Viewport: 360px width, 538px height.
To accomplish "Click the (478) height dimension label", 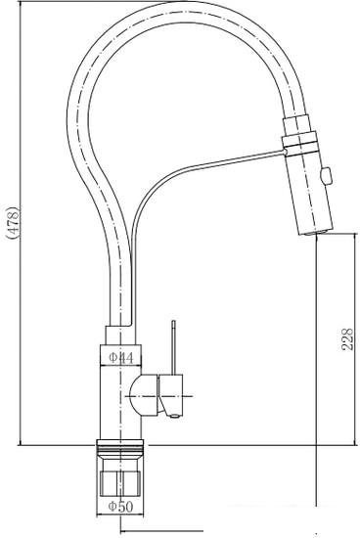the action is click(x=14, y=223).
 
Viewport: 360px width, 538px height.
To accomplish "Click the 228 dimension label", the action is click(x=347, y=339).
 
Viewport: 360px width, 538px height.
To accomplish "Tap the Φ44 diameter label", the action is click(x=120, y=357).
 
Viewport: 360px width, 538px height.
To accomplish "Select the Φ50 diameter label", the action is click(x=120, y=506).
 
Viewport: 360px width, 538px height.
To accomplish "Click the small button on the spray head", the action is click(x=326, y=175).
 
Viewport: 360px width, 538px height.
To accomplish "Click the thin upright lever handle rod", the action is click(x=173, y=347).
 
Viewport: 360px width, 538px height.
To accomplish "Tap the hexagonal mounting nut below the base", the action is click(x=119, y=482).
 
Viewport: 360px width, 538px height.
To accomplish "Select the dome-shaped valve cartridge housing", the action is click(x=144, y=395).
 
